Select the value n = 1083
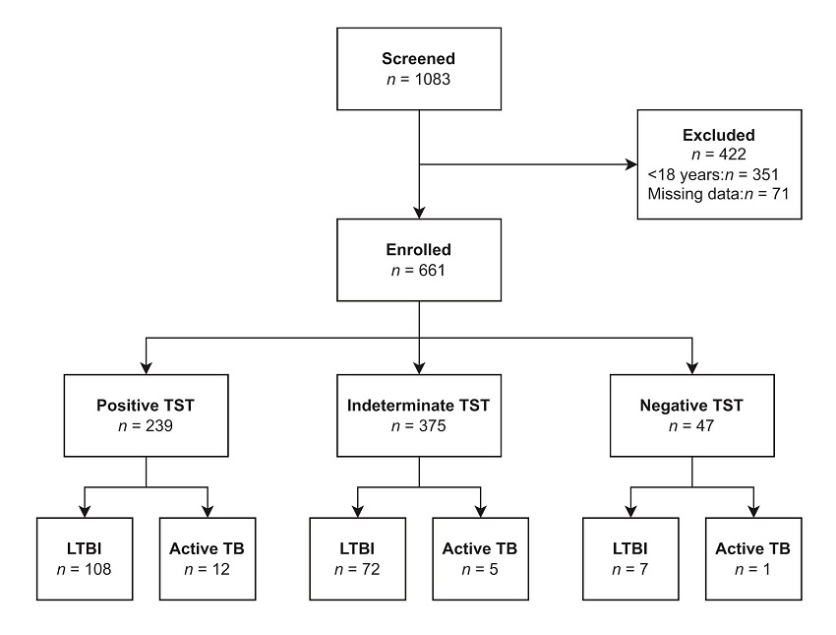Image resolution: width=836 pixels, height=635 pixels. coord(420,79)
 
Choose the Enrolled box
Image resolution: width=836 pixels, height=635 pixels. coord(420,258)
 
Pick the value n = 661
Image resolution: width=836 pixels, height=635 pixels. coord(420,270)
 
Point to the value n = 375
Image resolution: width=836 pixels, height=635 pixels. coord(420,425)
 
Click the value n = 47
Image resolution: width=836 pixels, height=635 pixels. coord(693,425)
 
